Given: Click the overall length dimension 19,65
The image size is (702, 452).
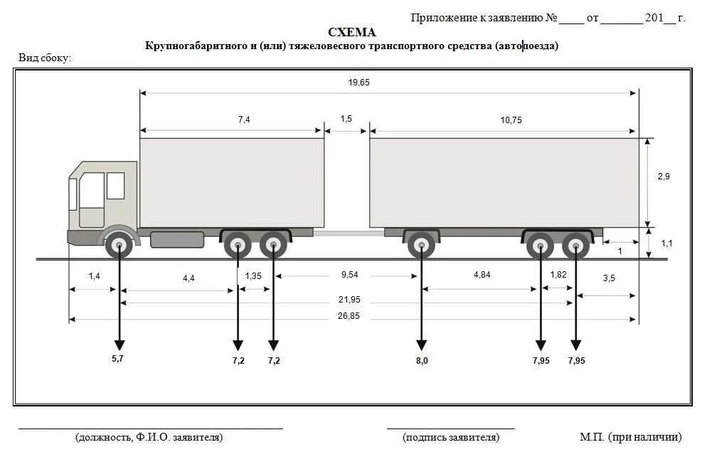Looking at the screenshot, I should tap(359, 83).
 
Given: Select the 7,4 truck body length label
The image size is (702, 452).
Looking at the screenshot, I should tap(244, 120).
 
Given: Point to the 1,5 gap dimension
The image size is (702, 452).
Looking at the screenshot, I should tap(346, 119).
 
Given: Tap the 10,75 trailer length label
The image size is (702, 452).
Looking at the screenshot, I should tap(511, 120).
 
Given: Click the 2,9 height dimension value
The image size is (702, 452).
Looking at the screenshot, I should tap(663, 177).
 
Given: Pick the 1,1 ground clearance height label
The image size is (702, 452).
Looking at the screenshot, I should tap(666, 243).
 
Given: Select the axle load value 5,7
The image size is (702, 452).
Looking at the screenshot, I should tap(117, 359).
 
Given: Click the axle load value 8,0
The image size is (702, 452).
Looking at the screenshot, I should tap(422, 361).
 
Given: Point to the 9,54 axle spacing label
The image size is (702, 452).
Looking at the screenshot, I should tap(349, 274).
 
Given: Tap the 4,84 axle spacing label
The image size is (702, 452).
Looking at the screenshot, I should tap(482, 275).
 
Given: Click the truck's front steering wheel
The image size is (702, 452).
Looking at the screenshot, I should tap(119, 246).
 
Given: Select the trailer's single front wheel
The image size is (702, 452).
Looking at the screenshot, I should tap(422, 246).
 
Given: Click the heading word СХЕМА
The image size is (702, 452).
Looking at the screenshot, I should tap(351, 32).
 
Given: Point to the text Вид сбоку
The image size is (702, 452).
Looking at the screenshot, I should tap(45, 58).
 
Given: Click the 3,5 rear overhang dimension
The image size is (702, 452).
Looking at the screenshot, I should tap(609, 278).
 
